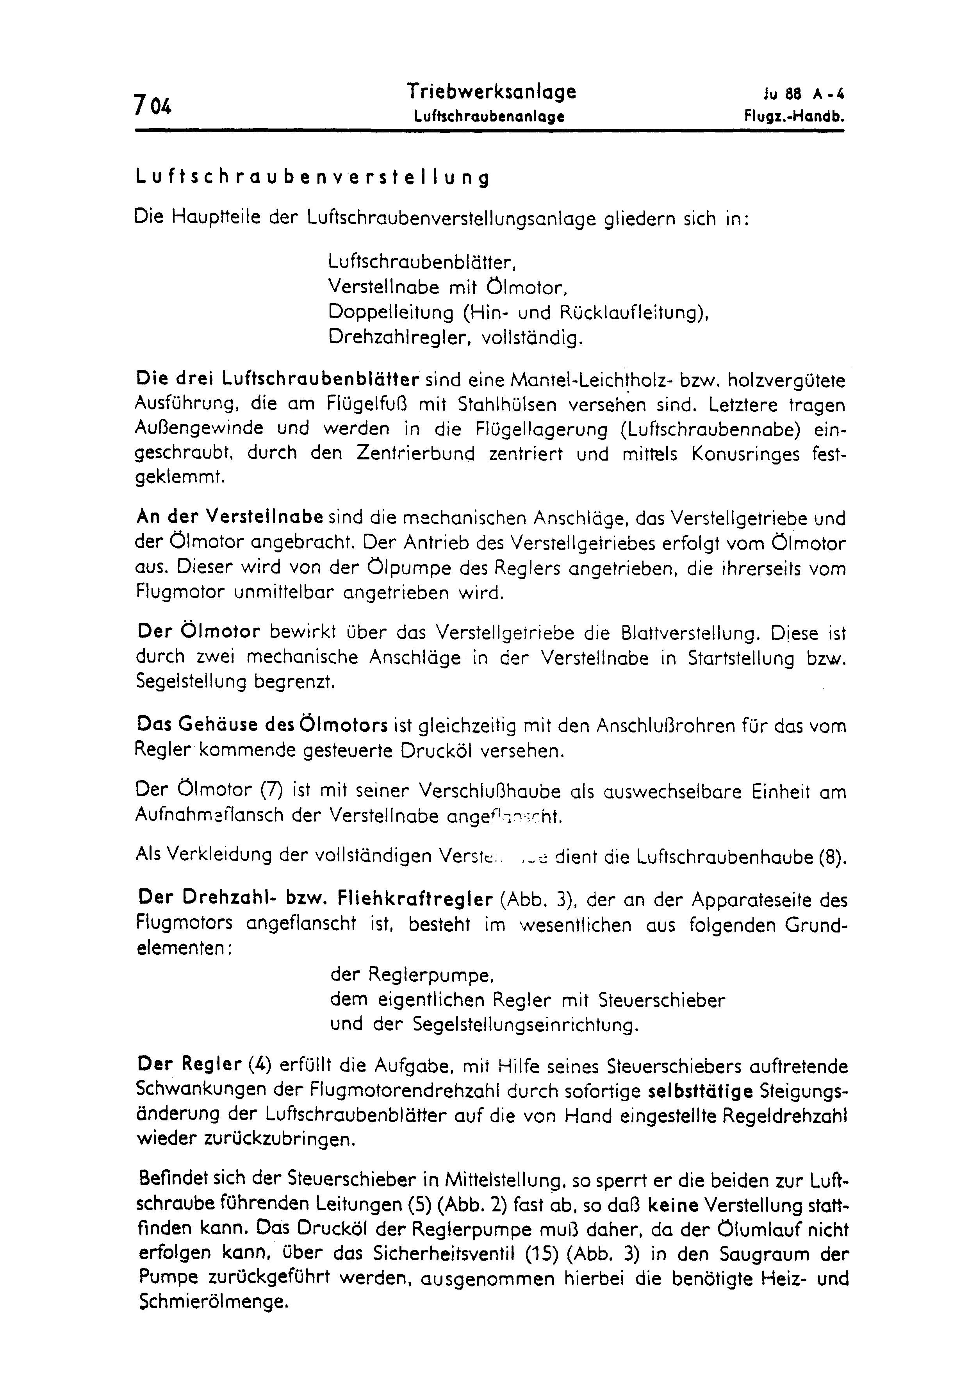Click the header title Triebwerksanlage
point(491,91)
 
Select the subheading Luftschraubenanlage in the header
point(488,117)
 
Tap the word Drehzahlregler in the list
point(395,338)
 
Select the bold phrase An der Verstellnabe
point(231,517)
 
